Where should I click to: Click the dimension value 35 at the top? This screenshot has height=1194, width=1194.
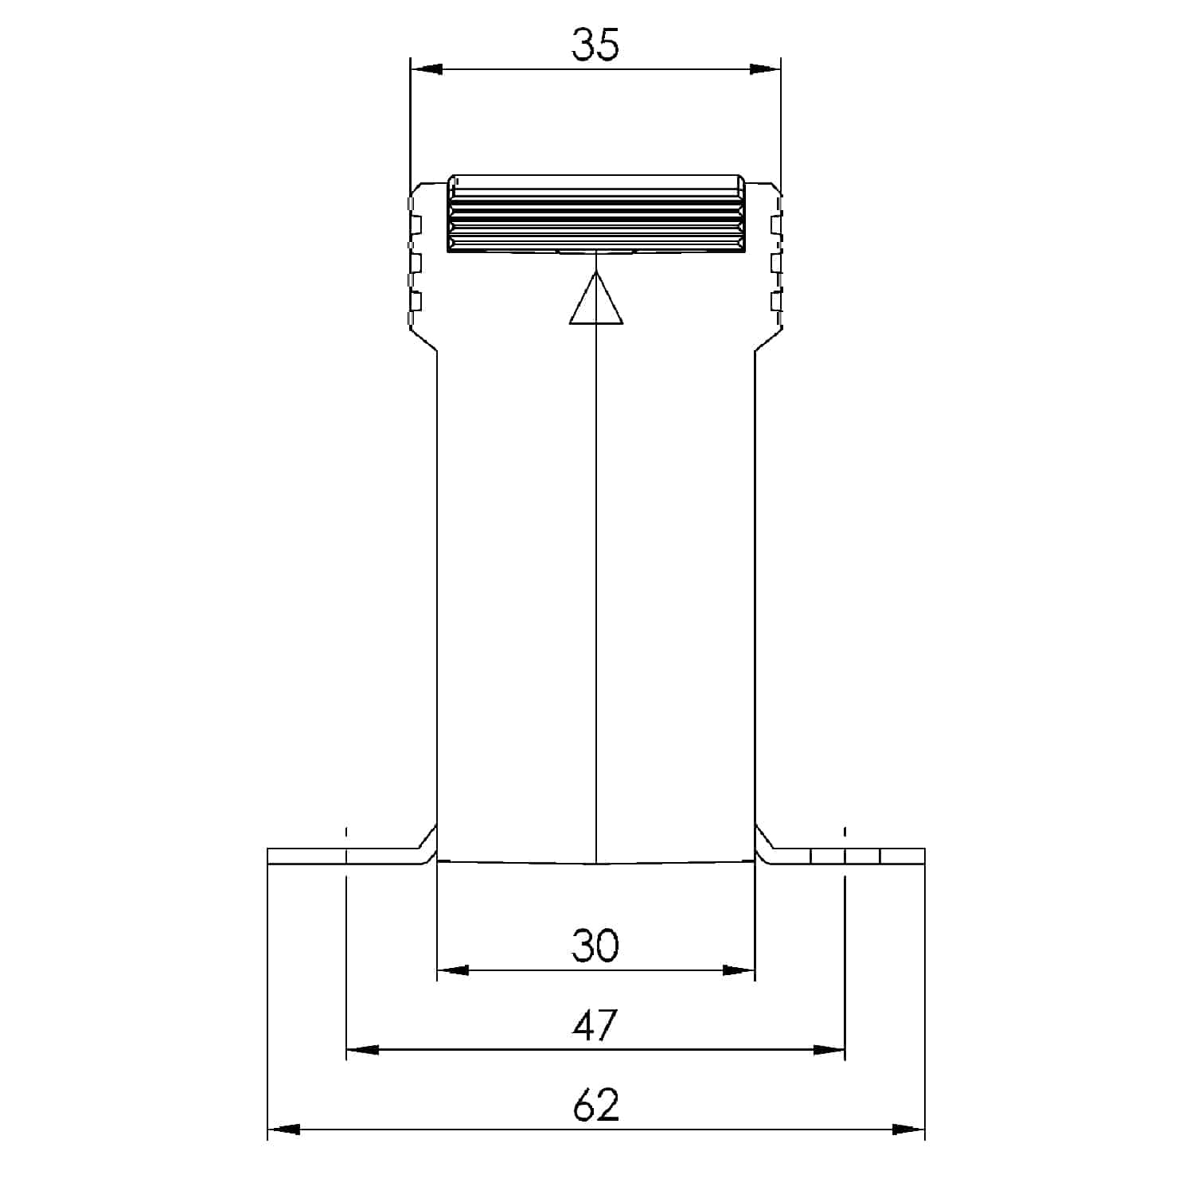point(595,45)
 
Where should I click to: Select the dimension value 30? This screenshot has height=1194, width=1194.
point(595,946)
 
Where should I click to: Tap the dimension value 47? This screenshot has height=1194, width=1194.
point(595,1026)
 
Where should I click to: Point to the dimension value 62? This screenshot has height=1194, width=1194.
point(595,1106)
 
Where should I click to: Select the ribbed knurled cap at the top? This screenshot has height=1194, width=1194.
point(596,213)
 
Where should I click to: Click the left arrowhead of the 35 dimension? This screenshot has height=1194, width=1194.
point(426,69)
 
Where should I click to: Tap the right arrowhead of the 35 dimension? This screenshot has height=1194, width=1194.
point(765,69)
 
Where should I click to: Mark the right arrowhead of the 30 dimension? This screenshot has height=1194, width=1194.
point(738,970)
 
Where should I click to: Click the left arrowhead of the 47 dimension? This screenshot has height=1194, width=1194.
point(363,1051)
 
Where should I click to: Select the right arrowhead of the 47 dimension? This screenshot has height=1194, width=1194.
point(829,1051)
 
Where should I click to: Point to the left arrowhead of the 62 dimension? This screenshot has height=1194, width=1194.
point(284,1130)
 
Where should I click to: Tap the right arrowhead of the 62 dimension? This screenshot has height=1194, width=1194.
point(908,1130)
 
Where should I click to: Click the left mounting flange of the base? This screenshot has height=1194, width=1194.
point(342,856)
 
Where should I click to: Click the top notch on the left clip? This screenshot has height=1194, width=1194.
point(415,224)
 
